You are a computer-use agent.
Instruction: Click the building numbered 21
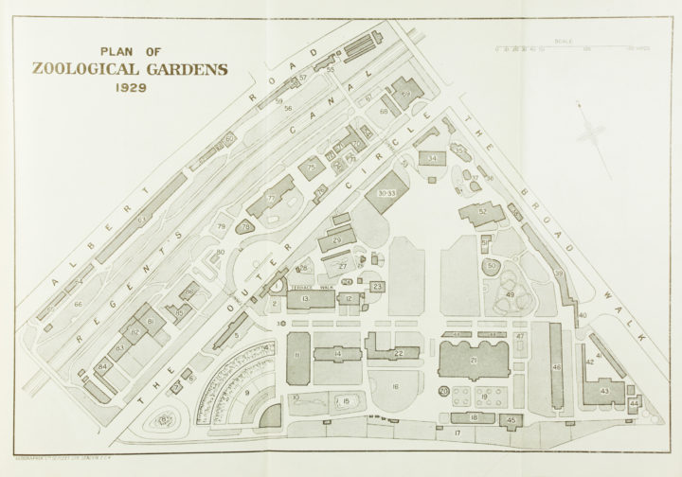click(x=474, y=361)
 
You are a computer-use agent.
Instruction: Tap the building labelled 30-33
click(x=386, y=192)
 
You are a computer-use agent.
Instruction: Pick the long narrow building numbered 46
click(x=556, y=364)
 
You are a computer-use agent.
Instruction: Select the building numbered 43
click(x=604, y=390)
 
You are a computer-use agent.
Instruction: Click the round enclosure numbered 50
click(x=491, y=267)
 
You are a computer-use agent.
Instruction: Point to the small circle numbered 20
click(x=443, y=391)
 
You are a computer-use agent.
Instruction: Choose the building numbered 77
click(x=272, y=198)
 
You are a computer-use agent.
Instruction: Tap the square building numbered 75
click(x=312, y=168)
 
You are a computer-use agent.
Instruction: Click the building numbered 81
click(x=150, y=322)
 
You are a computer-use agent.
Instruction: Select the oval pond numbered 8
click(x=167, y=418)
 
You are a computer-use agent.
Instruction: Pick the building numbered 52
click(x=482, y=212)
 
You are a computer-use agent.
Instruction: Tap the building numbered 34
click(x=432, y=158)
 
